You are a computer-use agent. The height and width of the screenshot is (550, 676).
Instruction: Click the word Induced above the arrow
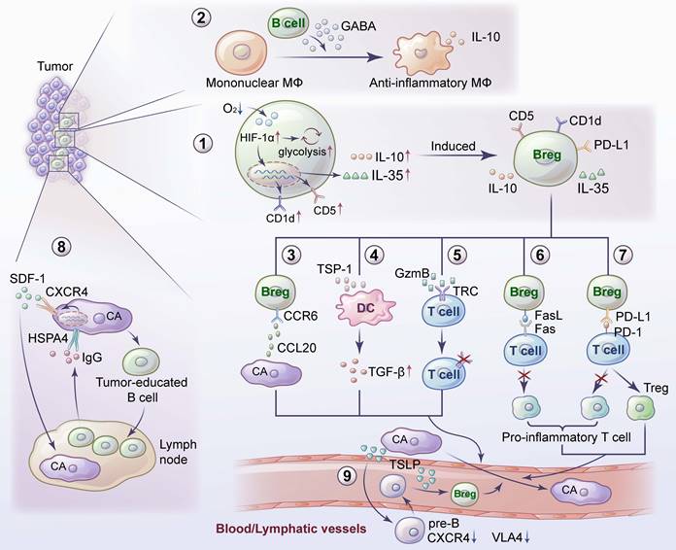[x=453, y=147]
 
